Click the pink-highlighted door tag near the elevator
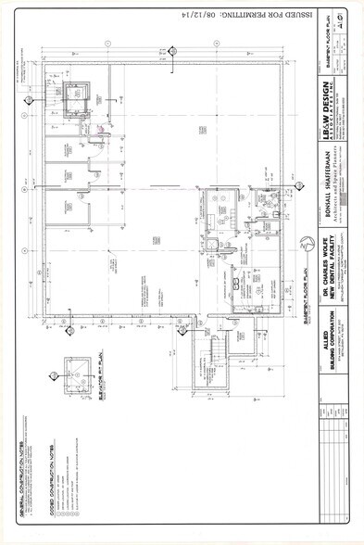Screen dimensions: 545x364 click(99, 136)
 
